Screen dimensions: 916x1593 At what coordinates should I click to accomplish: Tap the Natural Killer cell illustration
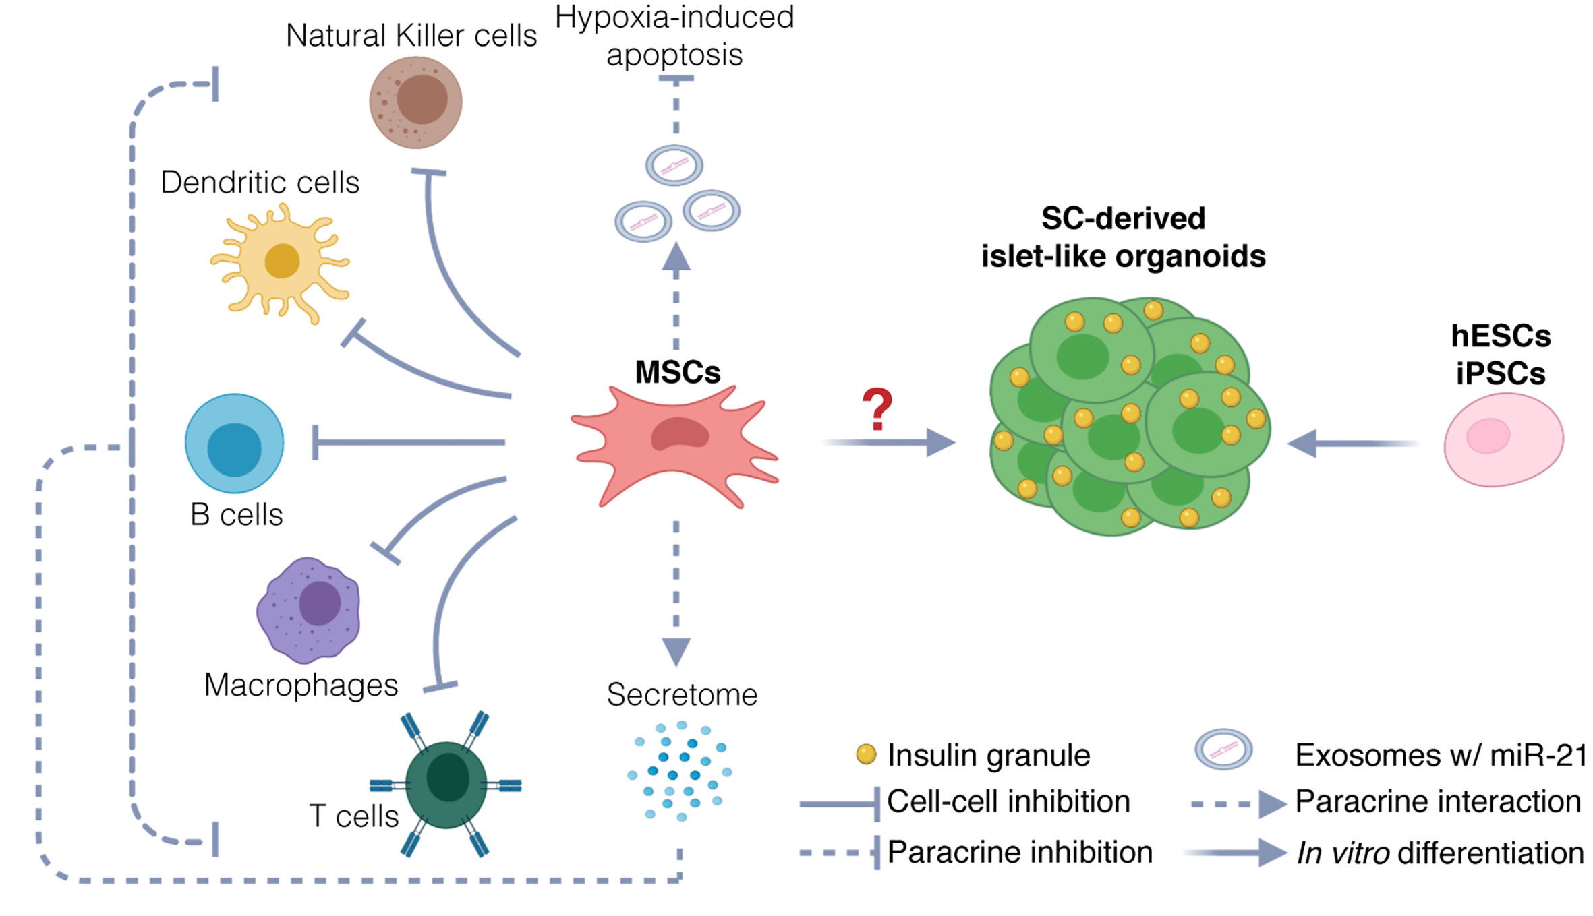pyautogui.click(x=415, y=102)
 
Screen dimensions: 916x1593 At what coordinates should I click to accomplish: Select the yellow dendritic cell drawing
pyautogui.click(x=281, y=262)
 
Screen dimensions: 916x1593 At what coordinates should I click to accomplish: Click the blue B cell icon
pyautogui.click(x=234, y=444)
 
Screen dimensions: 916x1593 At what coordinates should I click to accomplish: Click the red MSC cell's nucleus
pyautogui.click(x=679, y=434)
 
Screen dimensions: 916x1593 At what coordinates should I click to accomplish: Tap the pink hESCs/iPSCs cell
pyautogui.click(x=1503, y=439)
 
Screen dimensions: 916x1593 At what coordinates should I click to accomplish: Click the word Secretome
pyautogui.click(x=681, y=694)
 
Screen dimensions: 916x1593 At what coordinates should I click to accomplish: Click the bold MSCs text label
pyautogui.click(x=678, y=372)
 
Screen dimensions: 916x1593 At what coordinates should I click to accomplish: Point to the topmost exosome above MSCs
pyautogui.click(x=674, y=165)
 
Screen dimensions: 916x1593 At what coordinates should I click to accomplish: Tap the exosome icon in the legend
pyautogui.click(x=1223, y=749)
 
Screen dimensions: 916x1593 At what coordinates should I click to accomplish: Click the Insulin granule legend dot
pyautogui.click(x=865, y=754)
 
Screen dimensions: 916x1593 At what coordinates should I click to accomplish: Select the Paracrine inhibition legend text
pyautogui.click(x=1019, y=852)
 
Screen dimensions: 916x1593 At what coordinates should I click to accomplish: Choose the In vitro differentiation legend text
pyautogui.click(x=1439, y=853)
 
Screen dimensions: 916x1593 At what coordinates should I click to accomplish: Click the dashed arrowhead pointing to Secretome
pyautogui.click(x=676, y=650)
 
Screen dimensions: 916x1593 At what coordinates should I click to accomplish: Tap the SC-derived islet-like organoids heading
pyautogui.click(x=1123, y=237)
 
